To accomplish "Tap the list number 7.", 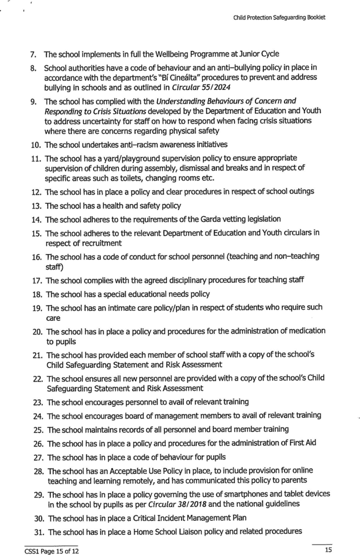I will pos(33,54).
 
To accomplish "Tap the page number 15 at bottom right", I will pos(327,550).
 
